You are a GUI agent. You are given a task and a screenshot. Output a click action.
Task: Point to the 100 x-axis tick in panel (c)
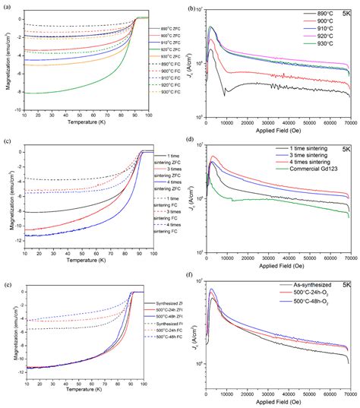click(153, 251)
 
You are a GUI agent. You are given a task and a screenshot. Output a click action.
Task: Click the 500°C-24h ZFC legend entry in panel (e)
click(165, 310)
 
